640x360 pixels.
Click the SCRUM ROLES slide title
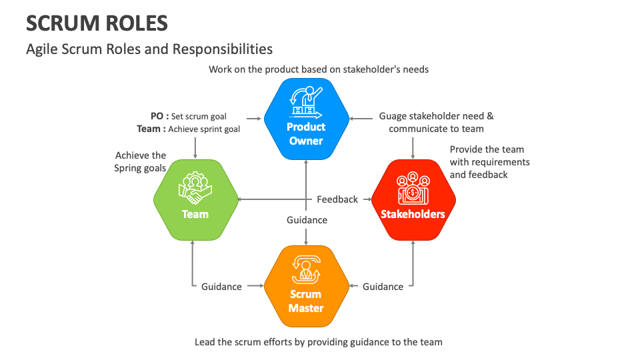pyautogui.click(x=97, y=23)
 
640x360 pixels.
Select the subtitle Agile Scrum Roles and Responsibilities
pyautogui.click(x=149, y=49)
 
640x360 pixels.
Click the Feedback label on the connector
pyautogui.click(x=337, y=199)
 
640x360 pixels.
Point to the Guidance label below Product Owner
pyautogui.click(x=307, y=220)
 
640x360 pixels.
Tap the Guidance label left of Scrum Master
pyautogui.click(x=221, y=287)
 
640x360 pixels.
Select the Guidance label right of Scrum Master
pyautogui.click(x=383, y=287)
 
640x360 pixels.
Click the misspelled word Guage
pyautogui.click(x=393, y=116)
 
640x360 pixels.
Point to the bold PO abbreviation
pyautogui.click(x=157, y=117)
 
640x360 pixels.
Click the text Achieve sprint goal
pyautogui.click(x=204, y=129)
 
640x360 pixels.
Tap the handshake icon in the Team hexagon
pyautogui.click(x=195, y=188)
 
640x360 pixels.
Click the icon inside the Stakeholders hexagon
pyautogui.click(x=413, y=189)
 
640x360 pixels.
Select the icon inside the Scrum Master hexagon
pyautogui.click(x=306, y=270)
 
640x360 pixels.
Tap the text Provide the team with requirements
pyautogui.click(x=489, y=162)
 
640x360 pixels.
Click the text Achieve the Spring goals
pyautogui.click(x=140, y=162)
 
